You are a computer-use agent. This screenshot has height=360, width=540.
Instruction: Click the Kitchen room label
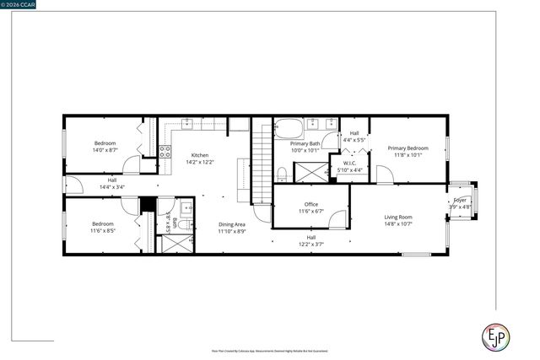pyautogui.click(x=200, y=155)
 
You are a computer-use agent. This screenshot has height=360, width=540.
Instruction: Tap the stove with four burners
pyautogui.click(x=165, y=153)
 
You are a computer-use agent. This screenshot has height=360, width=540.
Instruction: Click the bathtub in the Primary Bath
pyautogui.click(x=289, y=130)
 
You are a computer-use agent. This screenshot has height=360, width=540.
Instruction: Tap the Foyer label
pyautogui.click(x=460, y=200)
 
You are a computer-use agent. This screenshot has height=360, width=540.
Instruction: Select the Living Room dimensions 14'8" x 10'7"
pyautogui.click(x=398, y=224)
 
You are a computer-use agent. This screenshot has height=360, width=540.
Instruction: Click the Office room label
pyautogui.click(x=311, y=205)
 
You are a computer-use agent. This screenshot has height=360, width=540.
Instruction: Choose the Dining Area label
pyautogui.click(x=231, y=224)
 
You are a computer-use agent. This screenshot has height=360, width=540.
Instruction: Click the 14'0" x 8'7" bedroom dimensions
pyautogui.click(x=105, y=150)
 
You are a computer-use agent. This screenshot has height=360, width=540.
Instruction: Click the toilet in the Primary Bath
pyautogui.click(x=281, y=174)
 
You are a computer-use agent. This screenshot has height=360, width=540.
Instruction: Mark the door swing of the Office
pyautogui.click(x=337, y=220)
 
